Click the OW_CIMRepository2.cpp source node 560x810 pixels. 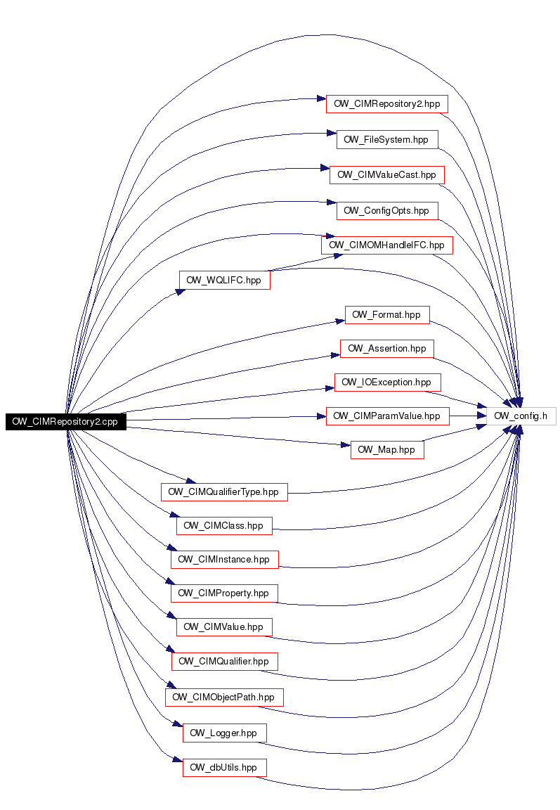65,422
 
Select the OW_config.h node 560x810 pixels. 521,416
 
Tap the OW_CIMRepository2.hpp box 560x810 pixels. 387,104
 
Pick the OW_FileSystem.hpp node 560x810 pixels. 387,139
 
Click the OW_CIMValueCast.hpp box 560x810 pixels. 387,175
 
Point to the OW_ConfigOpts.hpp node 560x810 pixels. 387,211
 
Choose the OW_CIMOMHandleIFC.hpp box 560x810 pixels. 387,245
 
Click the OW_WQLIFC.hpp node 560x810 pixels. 225,280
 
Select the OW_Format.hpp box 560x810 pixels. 387,314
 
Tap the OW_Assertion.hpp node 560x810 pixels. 387,349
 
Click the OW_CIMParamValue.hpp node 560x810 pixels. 388,416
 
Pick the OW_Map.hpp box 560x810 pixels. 387,450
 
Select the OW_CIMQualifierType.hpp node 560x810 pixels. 224,491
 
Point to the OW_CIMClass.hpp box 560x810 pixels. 224,526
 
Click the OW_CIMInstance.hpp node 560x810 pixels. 225,560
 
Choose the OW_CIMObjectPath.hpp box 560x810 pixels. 224,697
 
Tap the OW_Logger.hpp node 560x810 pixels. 225,733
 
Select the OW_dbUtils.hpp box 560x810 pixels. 225,768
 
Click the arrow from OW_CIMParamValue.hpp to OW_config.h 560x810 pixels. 468,416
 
